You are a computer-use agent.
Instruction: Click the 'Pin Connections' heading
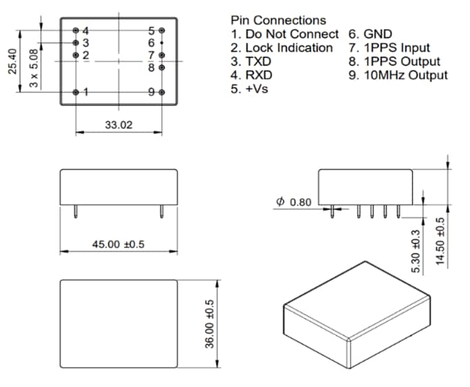click(x=278, y=20)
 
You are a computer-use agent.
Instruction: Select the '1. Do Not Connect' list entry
click(x=284, y=34)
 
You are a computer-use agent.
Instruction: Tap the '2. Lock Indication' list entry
click(x=282, y=48)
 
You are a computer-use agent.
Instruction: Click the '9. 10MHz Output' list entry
click(x=398, y=75)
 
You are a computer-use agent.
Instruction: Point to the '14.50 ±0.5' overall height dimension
click(x=440, y=241)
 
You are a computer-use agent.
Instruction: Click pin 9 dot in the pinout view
click(x=161, y=92)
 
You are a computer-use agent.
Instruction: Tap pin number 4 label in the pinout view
click(x=86, y=31)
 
